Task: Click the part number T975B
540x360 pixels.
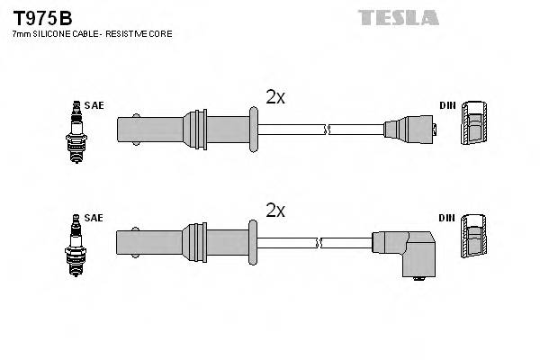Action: pos(40,17)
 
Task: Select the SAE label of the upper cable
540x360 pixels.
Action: pos(94,105)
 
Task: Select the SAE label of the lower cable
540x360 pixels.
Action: pos(94,218)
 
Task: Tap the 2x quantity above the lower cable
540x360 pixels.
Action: pos(274,211)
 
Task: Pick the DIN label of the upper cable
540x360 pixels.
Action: pos(447,105)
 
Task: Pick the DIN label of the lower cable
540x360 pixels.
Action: pos(447,218)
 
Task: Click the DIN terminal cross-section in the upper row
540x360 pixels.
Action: pos(475,125)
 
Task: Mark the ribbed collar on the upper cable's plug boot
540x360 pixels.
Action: pos(194,130)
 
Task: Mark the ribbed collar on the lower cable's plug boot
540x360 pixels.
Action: pos(194,242)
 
